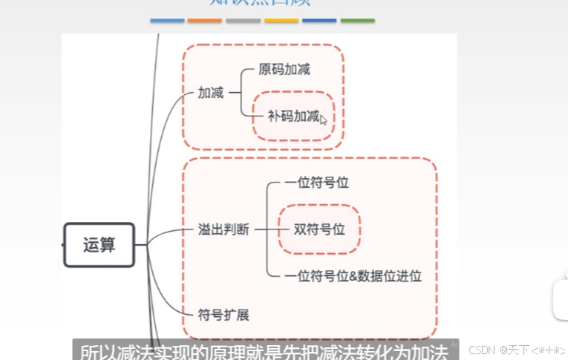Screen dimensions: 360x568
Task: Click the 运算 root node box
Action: pos(99,244)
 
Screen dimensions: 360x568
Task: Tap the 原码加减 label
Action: pos(284,70)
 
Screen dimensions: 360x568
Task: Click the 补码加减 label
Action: pos(293,116)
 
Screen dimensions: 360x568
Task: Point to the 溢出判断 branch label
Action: pos(223,229)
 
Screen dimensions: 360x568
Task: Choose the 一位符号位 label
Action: pos(316,183)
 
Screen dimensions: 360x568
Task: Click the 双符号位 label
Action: pos(319,229)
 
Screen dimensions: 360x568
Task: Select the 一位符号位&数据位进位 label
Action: pos(353,276)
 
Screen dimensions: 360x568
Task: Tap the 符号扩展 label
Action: pos(223,315)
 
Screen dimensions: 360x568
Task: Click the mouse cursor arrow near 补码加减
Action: pos(323,120)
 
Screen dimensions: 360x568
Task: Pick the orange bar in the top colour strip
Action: pos(205,21)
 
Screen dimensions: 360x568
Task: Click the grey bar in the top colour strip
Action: pos(243,21)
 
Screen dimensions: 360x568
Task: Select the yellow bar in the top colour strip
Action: pos(281,21)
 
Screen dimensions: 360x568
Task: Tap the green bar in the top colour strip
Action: pos(357,21)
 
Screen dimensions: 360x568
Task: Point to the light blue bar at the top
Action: pos(167,21)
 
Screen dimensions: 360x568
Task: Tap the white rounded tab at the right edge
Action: pos(561,300)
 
